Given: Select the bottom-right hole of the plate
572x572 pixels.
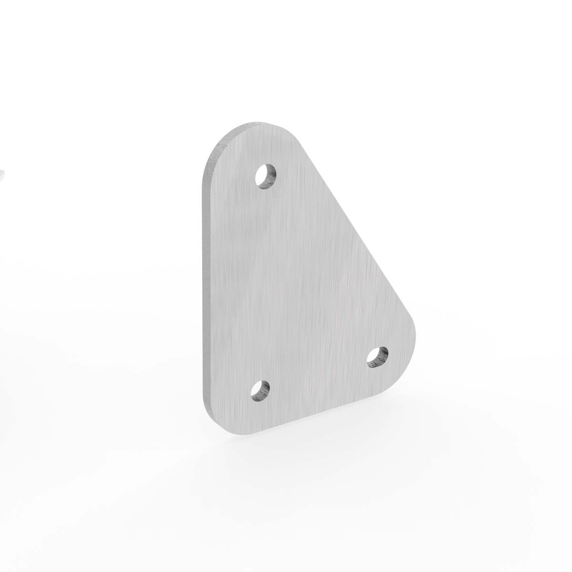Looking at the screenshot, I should coord(378,357).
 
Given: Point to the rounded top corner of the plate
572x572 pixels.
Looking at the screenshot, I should coord(224,143).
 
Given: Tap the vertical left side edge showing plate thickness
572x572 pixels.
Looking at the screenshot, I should coord(204,286).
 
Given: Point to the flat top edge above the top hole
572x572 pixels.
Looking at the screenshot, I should coord(267,126).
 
